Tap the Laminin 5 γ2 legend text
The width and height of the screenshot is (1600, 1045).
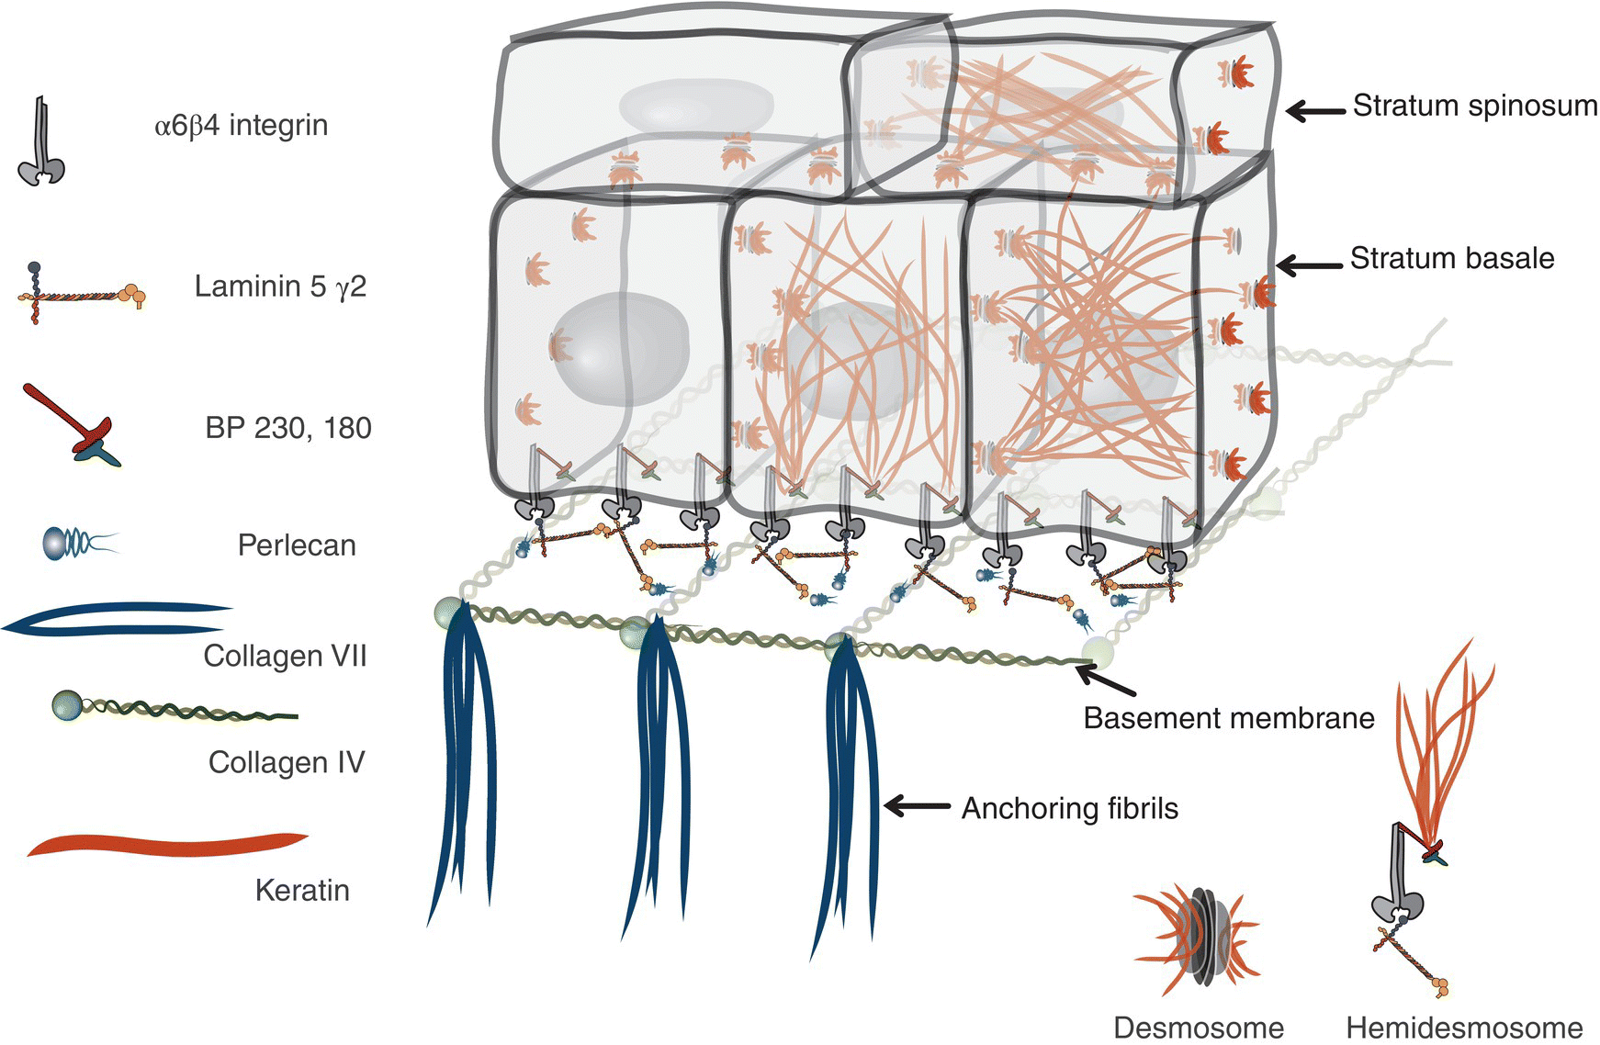280,287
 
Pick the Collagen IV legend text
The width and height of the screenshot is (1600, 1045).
287,762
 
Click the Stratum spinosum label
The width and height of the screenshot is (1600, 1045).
1474,106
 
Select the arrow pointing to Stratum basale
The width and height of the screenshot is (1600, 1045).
1308,267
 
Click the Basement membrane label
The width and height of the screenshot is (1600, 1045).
1228,717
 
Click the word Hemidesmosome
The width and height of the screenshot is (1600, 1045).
1464,1027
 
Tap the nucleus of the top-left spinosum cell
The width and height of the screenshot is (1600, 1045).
671,105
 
